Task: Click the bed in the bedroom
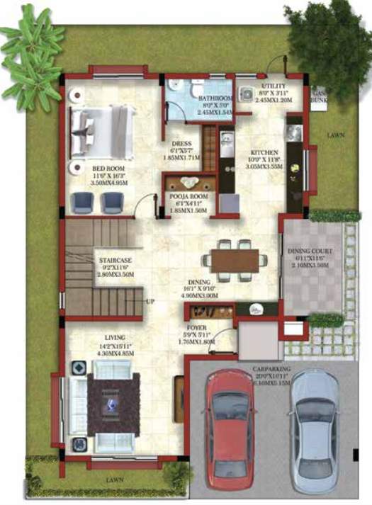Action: coord(101,131)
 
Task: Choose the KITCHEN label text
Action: coord(264,152)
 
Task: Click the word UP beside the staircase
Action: coord(150,302)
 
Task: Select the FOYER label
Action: coord(196,328)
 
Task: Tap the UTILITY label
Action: coord(272,86)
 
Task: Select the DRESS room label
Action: coord(181,143)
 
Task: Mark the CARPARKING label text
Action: coord(272,368)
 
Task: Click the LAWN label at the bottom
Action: coord(113,480)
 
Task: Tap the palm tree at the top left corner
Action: coord(32,60)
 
